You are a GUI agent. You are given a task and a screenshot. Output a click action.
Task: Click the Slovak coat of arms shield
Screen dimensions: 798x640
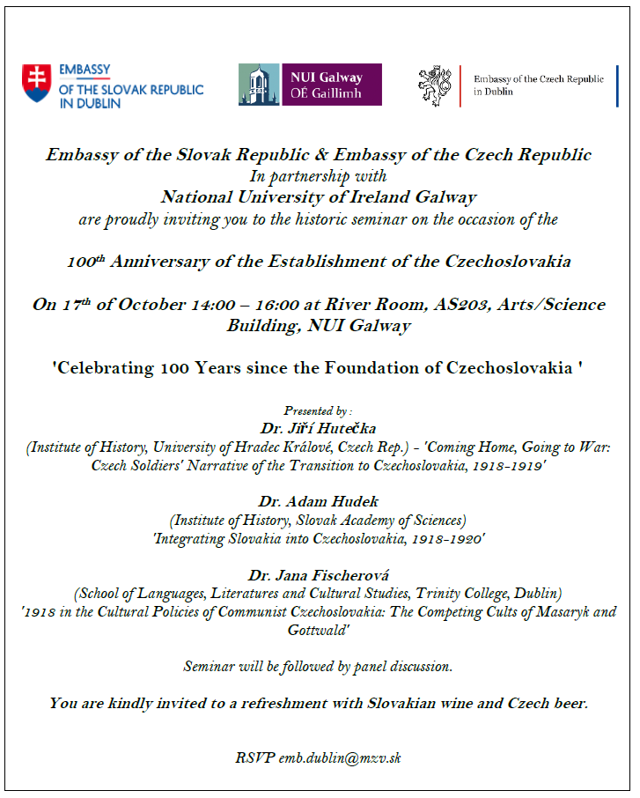tap(37, 84)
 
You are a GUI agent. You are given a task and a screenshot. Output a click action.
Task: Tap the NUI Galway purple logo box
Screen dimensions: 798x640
tap(331, 85)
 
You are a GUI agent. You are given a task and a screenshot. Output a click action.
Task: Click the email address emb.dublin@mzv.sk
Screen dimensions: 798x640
tap(340, 757)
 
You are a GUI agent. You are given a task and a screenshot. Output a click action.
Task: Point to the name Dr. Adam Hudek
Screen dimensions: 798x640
tap(318, 501)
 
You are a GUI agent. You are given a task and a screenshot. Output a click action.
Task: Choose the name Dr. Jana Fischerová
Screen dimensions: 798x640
tap(318, 575)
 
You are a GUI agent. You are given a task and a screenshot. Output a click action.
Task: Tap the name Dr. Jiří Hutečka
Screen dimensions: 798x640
tap(318, 428)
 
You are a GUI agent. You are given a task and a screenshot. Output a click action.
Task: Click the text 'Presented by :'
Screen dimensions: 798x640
tap(318, 410)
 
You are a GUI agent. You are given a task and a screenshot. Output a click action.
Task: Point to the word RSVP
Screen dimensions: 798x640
tap(254, 757)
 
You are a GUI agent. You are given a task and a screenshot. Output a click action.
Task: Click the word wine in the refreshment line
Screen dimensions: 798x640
tap(463, 703)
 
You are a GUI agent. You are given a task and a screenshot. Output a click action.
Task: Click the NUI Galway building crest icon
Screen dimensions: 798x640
tap(259, 85)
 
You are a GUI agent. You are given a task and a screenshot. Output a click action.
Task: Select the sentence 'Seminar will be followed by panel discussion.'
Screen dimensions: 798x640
tap(318, 667)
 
